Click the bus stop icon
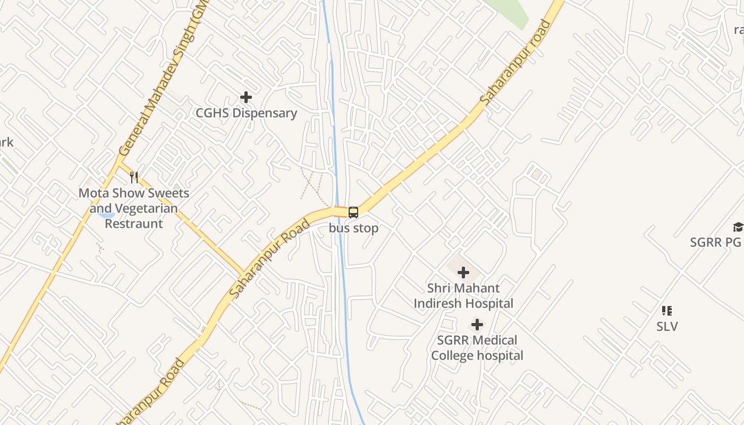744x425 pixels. (x=353, y=212)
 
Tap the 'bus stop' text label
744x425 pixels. (x=353, y=228)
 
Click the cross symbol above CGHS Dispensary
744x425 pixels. (x=246, y=97)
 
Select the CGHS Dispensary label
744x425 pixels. (x=246, y=113)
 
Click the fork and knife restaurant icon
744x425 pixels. (x=134, y=177)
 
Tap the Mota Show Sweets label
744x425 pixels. (x=134, y=193)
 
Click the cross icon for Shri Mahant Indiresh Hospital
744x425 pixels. (x=463, y=273)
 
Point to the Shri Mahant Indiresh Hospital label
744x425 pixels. (x=463, y=296)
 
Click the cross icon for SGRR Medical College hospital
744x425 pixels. (x=477, y=325)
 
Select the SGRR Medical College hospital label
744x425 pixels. (x=477, y=348)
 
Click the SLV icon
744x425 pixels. (x=667, y=311)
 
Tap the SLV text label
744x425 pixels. (x=667, y=326)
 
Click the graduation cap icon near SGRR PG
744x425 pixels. (x=738, y=227)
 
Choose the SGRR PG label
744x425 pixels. (x=715, y=242)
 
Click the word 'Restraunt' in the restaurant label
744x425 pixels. (x=134, y=224)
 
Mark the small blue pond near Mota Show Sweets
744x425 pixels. (x=108, y=216)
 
